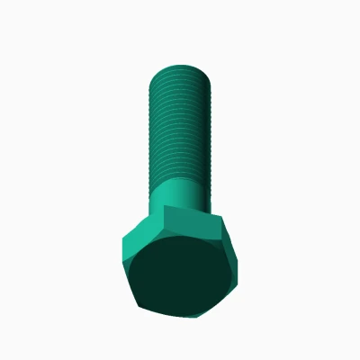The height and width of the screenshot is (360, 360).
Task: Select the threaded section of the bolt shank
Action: (x=178, y=126)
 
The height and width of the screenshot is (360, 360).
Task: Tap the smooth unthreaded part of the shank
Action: (x=180, y=193)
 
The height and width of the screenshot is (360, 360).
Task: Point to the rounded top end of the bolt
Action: (x=180, y=69)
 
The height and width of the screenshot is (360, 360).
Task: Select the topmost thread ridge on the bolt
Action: (x=180, y=76)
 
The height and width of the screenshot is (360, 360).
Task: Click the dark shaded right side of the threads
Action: (x=205, y=126)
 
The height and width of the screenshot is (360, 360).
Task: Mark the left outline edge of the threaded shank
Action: (x=149, y=126)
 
